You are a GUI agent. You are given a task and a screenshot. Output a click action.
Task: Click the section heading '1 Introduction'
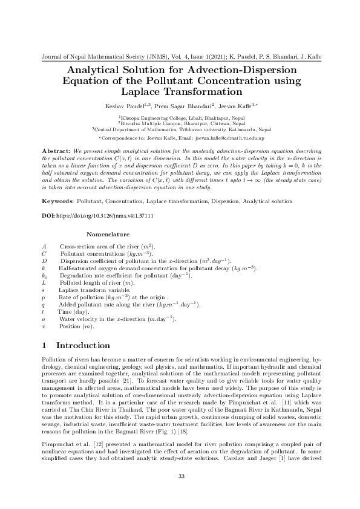pyautogui.click(x=76, y=346)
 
